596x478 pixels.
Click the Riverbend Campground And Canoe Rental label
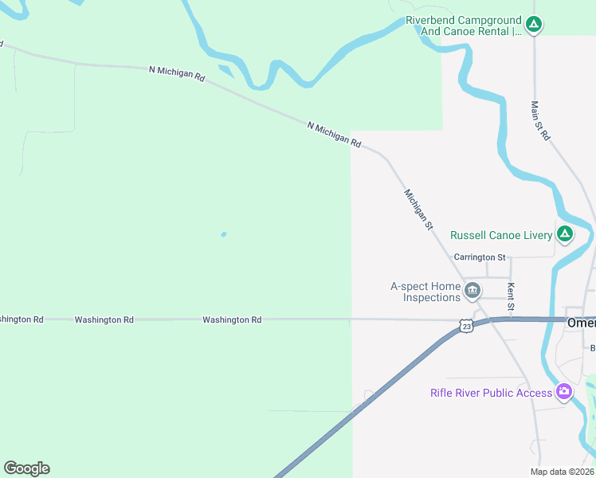pos(463,25)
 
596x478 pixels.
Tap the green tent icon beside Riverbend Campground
pos(535,25)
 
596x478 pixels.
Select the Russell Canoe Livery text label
pos(501,235)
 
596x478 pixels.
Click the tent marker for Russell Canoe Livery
pos(564,234)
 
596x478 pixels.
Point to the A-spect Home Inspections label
pos(425,292)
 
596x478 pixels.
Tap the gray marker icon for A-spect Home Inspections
pos(472,291)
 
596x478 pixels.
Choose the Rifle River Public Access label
pos(491,392)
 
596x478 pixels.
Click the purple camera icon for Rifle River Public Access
pos(564,391)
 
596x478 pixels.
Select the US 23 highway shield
pos(466,325)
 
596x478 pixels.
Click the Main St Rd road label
pos(541,121)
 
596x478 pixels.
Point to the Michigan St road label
pos(418,210)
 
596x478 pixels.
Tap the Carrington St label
pos(480,257)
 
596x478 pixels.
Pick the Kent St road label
pos(512,296)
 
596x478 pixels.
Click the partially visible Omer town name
pos(581,323)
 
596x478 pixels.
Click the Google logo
pos(26,468)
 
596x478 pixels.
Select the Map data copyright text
pos(562,472)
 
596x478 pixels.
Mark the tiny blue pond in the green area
pos(223,234)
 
